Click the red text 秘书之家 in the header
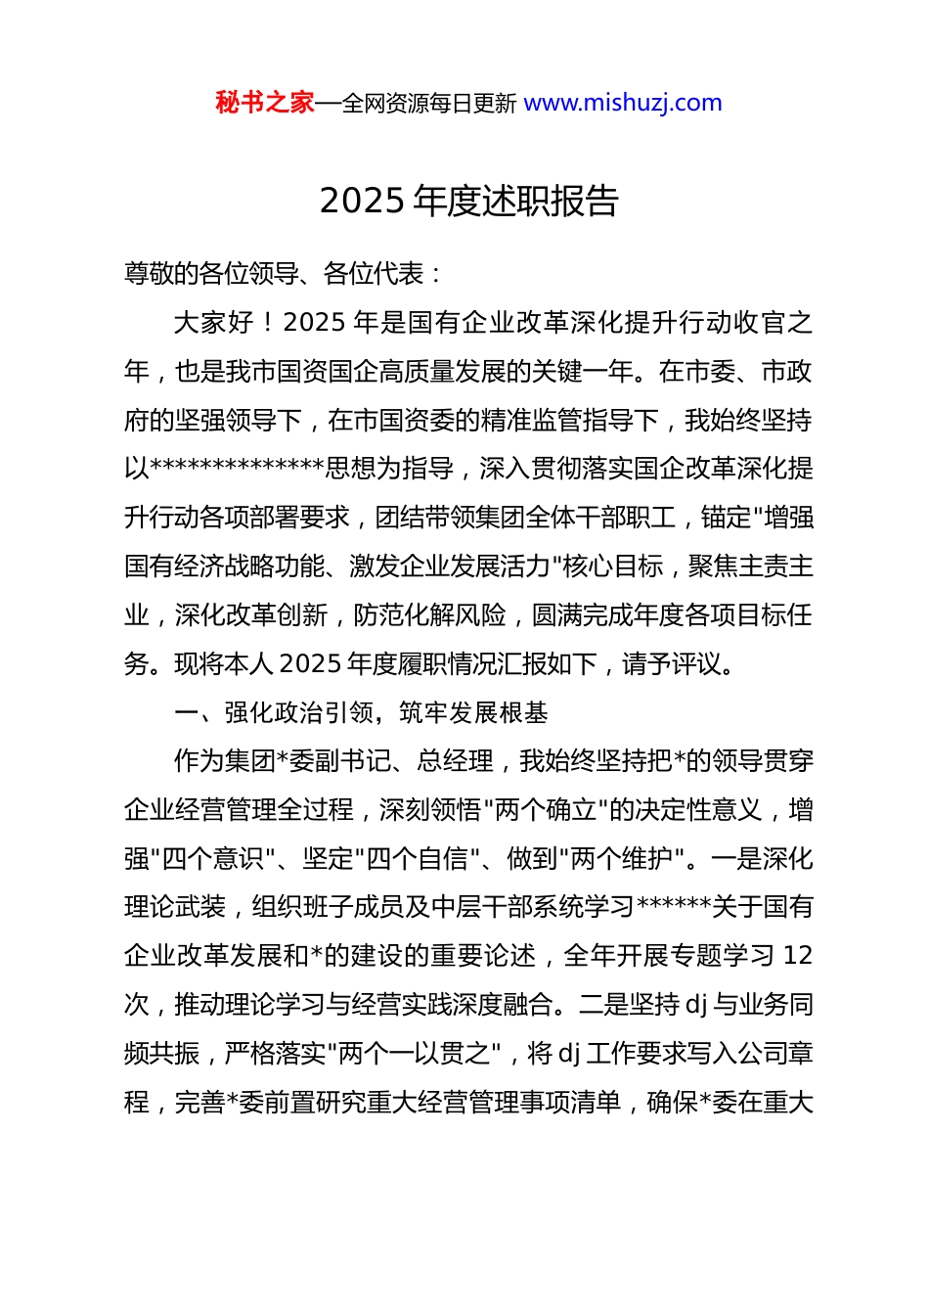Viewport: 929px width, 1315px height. click(265, 103)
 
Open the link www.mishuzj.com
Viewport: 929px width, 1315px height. click(623, 103)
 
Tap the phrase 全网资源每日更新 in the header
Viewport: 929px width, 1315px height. click(429, 104)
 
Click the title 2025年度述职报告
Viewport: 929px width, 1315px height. click(469, 201)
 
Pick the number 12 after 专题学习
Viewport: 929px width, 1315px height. click(798, 956)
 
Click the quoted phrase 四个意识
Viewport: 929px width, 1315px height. click(213, 859)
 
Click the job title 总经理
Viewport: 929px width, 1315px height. click(456, 761)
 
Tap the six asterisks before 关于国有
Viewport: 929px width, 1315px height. click(674, 907)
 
